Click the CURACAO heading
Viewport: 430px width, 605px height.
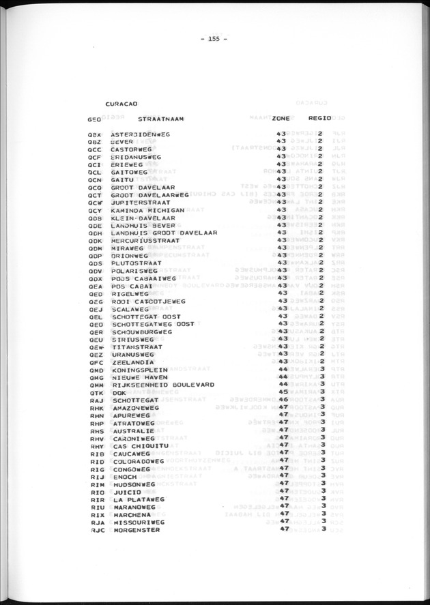pos(122,103)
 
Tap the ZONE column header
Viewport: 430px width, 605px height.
pos(281,119)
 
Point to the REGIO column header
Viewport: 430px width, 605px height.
pos(319,119)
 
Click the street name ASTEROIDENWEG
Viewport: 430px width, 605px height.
pos(140,134)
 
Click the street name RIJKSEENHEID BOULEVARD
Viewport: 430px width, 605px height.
pos(162,385)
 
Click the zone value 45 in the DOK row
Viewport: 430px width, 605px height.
pos(282,392)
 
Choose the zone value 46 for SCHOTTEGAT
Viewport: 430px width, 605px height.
pos(282,400)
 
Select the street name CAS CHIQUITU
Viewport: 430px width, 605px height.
pos(137,445)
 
